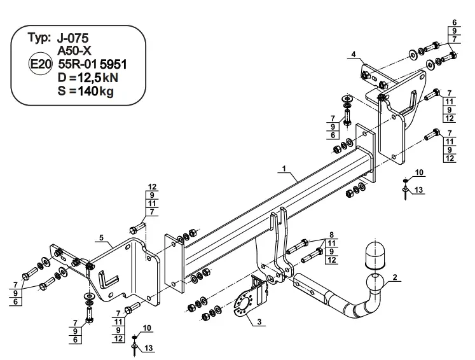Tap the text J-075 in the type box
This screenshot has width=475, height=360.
coord(72,39)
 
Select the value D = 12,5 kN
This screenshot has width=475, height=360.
coord(88,78)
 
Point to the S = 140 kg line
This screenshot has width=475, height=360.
coord(86,91)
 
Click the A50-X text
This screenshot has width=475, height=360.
coord(74,51)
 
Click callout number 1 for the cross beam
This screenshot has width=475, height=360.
coord(284,169)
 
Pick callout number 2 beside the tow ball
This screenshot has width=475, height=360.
coord(394,277)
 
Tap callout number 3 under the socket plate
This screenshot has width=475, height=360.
coord(259,321)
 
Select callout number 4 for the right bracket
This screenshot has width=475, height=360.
coord(353,54)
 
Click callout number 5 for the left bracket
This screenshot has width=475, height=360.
coord(101,237)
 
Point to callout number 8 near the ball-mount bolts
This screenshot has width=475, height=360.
coord(331,235)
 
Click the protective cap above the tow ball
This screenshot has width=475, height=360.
coord(375,256)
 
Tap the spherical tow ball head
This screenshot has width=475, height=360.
coord(375,282)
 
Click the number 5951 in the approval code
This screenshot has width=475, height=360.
coord(113,64)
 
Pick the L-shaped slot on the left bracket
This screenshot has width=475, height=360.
coord(109,279)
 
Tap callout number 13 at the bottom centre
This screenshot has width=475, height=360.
coord(148,348)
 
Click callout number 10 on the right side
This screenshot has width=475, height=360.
coord(419,172)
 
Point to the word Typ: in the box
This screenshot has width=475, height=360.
coord(39,38)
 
